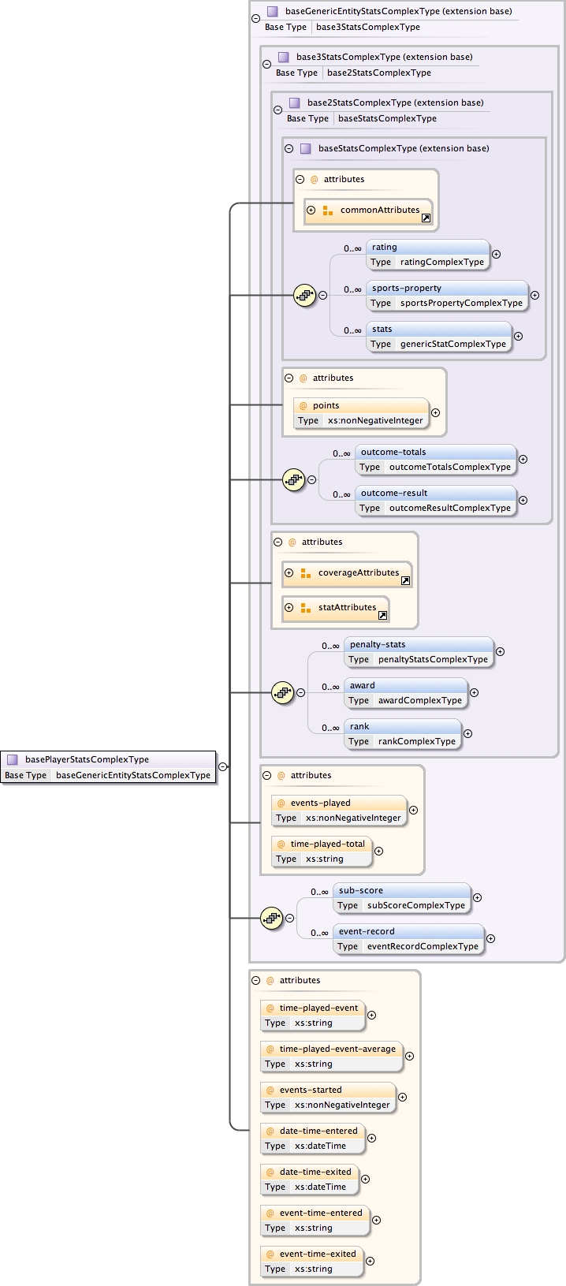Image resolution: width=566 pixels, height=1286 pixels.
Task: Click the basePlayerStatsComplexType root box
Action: click(x=108, y=767)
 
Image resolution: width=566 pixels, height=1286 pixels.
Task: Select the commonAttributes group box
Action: click(x=368, y=211)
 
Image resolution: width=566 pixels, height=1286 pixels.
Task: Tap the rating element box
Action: click(x=427, y=255)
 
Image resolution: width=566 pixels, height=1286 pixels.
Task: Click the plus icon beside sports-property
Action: click(x=534, y=295)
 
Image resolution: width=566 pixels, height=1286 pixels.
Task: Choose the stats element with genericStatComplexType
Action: click(x=438, y=337)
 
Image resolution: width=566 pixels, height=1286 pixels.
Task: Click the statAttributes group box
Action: click(x=335, y=608)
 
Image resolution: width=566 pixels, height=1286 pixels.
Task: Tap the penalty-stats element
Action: click(x=419, y=652)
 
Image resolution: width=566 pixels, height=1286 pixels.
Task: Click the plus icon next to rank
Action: click(x=467, y=733)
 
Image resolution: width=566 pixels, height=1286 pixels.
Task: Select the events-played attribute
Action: click(x=339, y=811)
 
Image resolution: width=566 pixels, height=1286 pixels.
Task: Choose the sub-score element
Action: click(x=401, y=898)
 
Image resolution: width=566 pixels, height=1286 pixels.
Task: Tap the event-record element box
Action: click(x=408, y=939)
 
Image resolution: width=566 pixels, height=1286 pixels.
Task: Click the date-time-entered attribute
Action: click(x=313, y=1139)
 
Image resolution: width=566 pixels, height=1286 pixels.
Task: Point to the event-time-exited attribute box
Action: click(x=312, y=1262)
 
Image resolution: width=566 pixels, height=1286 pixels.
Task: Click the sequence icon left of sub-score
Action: click(x=272, y=918)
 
